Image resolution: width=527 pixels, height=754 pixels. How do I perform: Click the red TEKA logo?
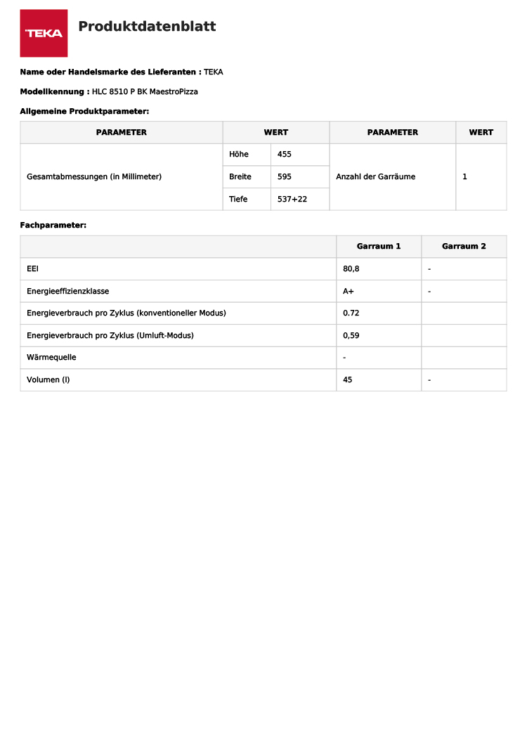[x=44, y=33]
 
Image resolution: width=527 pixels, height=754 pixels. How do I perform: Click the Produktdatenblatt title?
[x=147, y=27]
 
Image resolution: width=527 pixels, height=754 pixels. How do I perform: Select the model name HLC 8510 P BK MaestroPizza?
[x=145, y=91]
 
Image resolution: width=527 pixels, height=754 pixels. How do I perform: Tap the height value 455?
[x=285, y=155]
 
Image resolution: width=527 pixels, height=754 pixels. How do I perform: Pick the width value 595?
[x=285, y=177]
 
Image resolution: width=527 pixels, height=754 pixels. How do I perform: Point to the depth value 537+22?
[x=292, y=200]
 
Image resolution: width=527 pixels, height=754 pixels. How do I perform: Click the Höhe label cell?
[x=239, y=155]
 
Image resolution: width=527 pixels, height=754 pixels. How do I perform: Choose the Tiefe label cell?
[x=238, y=200]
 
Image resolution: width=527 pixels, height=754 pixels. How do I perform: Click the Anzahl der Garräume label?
[x=375, y=177]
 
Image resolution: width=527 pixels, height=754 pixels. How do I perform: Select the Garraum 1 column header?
[x=379, y=247]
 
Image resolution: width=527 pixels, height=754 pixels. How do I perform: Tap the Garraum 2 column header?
[x=464, y=247]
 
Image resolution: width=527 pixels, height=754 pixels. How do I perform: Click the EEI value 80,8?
[x=351, y=269]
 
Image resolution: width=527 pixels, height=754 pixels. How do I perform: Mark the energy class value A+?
[x=349, y=291]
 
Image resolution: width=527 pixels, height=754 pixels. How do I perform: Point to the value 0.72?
[x=351, y=313]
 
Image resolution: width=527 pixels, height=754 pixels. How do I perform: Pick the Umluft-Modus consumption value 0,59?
[x=351, y=336]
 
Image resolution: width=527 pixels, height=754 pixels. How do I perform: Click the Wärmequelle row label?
[x=51, y=358]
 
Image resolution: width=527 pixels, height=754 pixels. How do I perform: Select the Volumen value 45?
[x=347, y=380]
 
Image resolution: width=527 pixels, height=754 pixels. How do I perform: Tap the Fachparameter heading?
[x=53, y=226]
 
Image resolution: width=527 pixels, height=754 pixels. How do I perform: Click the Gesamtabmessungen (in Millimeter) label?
[x=94, y=177]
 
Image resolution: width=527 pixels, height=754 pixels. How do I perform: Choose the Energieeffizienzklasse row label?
[x=67, y=291]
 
